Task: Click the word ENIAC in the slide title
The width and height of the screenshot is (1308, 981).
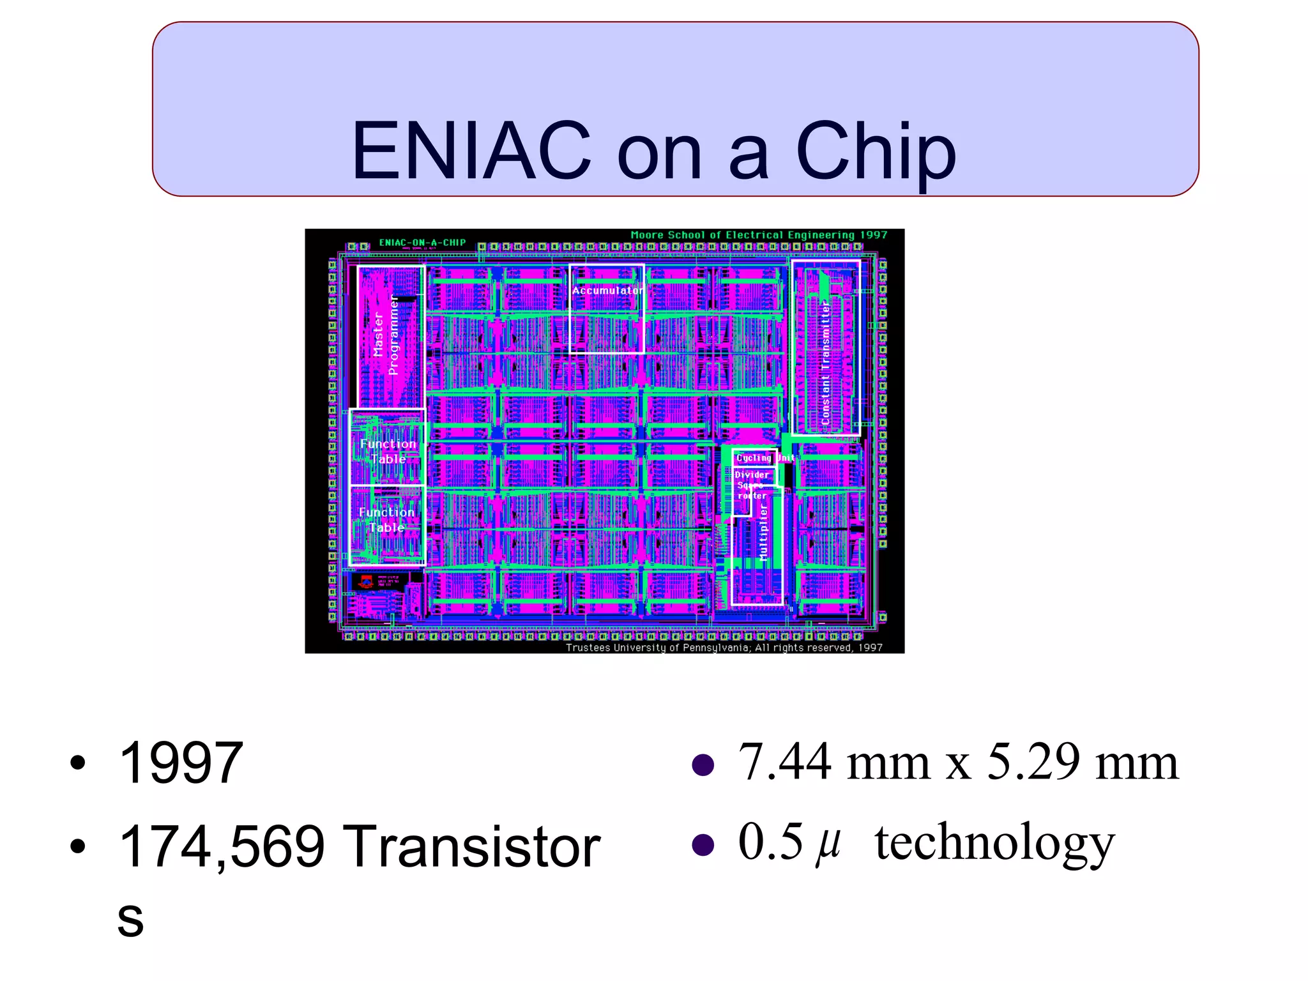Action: [x=471, y=151]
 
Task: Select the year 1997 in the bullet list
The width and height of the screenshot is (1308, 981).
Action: [x=181, y=763]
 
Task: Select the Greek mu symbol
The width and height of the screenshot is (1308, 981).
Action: [x=828, y=844]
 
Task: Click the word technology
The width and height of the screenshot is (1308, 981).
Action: [x=994, y=844]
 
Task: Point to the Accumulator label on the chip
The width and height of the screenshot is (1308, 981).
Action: [x=607, y=291]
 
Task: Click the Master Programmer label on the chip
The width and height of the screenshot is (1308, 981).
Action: [x=385, y=336]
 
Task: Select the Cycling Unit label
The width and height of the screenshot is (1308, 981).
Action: [x=764, y=458]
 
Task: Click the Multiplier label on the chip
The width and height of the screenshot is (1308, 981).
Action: [x=763, y=531]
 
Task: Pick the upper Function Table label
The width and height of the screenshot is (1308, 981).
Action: [x=388, y=452]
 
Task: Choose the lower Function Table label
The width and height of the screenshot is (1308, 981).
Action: [x=386, y=520]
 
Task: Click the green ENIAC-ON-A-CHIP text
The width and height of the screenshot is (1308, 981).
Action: [x=422, y=243]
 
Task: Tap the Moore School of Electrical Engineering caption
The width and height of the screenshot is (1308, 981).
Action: [x=759, y=235]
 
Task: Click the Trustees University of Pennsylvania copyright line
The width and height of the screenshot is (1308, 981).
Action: [x=724, y=648]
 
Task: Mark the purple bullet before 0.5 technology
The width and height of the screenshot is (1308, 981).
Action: [x=703, y=844]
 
